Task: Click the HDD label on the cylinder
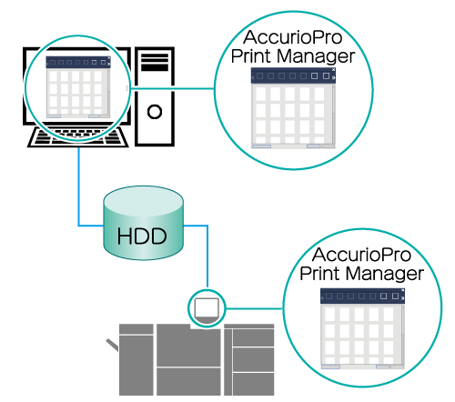point(142,236)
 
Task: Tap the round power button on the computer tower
point(155,112)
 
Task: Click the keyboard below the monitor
point(78,137)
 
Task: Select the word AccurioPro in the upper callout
point(293,37)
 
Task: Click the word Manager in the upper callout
point(316,56)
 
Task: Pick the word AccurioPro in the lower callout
point(361,255)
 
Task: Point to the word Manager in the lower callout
point(385,274)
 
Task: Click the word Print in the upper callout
point(252,55)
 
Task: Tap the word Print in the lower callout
point(321,273)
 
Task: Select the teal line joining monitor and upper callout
point(172,89)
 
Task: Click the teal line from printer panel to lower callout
point(254,309)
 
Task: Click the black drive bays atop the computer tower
point(155,62)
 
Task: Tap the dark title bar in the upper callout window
point(293,75)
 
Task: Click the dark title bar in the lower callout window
point(362,296)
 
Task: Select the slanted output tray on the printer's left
point(112,345)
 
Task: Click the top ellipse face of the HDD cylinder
point(143,201)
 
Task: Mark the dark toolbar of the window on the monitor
point(78,63)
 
